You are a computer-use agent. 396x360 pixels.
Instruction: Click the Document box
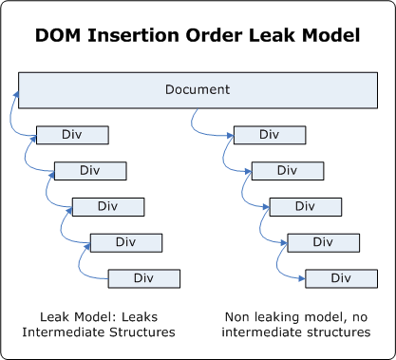pos(197,90)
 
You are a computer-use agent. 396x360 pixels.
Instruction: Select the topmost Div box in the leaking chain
pos(71,134)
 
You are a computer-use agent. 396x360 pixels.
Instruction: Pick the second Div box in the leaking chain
pos(89,170)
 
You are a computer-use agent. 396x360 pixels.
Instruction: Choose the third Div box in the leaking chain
pos(107,206)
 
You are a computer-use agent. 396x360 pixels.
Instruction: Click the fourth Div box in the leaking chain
pos(125,242)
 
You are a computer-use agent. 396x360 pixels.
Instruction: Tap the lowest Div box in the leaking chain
pos(143,278)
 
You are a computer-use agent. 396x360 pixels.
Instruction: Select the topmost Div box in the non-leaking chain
pos(269,134)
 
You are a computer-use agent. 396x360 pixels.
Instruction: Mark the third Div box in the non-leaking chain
pos(305,206)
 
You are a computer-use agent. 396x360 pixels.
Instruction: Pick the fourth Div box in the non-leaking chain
pos(323,242)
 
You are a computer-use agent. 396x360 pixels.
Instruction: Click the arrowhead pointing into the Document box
pos(15,93)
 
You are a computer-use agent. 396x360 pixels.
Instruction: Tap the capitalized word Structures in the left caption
pos(141,332)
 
